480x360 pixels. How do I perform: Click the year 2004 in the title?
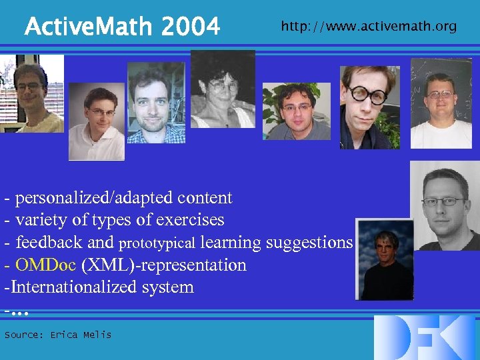click(x=191, y=27)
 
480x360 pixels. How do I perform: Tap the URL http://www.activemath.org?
click(x=369, y=27)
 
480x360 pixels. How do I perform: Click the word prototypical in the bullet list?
click(x=157, y=243)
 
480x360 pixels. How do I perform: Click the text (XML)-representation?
click(x=163, y=265)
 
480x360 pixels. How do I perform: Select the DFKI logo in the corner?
click(x=425, y=337)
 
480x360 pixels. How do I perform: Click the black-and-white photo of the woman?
click(x=223, y=89)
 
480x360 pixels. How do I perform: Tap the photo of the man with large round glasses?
click(x=369, y=107)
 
